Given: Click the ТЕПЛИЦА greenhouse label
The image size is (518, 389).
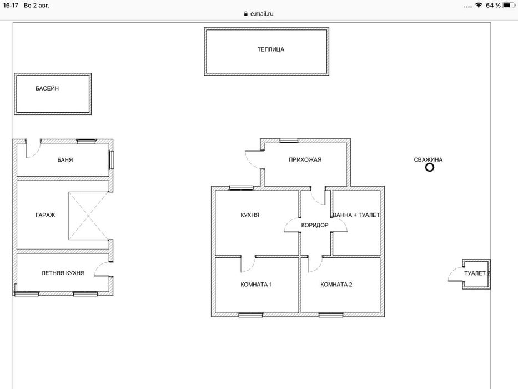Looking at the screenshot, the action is point(271,49).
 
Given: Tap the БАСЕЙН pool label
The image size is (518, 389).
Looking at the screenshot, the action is point(47,88).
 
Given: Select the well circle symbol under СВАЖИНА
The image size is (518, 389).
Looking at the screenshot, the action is point(430,168).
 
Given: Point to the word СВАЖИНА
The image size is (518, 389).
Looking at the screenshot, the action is point(428,160).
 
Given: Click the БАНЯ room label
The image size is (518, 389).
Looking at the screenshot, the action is point(65,160).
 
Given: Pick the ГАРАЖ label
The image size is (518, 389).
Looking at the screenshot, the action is point(46,215).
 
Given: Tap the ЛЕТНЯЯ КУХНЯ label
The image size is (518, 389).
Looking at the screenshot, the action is point(63,273).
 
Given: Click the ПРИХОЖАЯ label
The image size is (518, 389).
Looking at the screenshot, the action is point(305,160).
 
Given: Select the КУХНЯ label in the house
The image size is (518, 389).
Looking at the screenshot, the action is point(250,215).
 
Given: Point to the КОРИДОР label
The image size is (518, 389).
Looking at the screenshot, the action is point(315,225).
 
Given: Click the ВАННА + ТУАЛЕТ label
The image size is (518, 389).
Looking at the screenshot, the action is point(356,215).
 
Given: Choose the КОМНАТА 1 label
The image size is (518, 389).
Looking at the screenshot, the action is point(257,285).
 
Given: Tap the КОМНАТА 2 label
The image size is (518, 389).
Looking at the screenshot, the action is point(336,285).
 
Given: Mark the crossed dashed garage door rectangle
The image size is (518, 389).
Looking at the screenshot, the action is point(88,216).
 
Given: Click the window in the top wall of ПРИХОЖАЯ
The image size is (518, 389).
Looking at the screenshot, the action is point(289,141).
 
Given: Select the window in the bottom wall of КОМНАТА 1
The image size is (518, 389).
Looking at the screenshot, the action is point(251,315).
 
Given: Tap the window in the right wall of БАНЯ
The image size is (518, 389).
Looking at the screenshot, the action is point(112,160).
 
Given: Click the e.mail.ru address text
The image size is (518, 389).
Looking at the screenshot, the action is point(261,14).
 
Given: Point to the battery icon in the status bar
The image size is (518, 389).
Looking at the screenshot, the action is point(508,6).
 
